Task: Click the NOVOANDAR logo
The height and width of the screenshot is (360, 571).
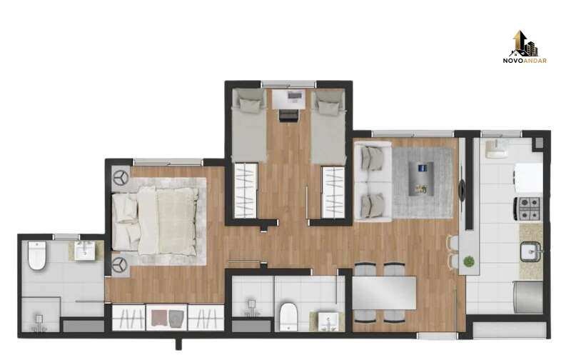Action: point(525,47)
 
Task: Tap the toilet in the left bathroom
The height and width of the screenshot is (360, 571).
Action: point(37,255)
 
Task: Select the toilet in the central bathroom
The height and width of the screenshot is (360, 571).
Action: point(288,316)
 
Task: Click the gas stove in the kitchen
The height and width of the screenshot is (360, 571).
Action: point(528,209)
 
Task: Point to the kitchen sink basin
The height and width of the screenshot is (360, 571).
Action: point(530,251)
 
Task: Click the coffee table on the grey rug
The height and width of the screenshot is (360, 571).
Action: point(421,179)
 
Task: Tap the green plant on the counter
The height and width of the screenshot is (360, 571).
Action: point(469,261)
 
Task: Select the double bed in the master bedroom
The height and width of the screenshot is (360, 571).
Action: point(156,221)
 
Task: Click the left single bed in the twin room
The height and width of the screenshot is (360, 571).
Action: point(249,125)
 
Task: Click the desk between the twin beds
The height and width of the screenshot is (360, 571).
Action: point(289,99)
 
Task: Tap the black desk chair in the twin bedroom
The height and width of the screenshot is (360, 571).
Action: point(289,116)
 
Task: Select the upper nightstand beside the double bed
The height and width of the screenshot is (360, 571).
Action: point(121,179)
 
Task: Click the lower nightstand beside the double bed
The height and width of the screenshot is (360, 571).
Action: point(120,265)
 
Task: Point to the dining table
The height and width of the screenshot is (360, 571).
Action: point(384,293)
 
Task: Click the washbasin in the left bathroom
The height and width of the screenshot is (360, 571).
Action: point(85,251)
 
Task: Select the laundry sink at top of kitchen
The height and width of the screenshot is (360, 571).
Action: point(497,149)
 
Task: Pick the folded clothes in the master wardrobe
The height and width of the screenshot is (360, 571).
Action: point(167,318)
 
